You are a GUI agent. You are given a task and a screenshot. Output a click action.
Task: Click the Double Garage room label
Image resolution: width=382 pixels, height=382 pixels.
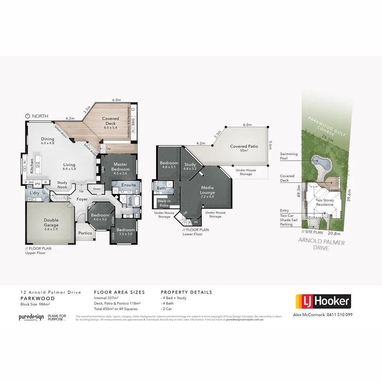tap(51, 223)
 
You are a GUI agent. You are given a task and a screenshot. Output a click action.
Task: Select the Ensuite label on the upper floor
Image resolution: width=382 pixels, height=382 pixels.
tap(129, 185)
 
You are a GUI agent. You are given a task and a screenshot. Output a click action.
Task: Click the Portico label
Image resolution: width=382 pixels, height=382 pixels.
tap(85, 233)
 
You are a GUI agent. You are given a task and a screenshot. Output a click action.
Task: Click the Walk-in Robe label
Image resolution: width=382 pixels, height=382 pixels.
tap(164, 203)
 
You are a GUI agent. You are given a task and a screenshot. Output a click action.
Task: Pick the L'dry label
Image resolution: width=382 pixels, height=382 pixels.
tap(34, 192)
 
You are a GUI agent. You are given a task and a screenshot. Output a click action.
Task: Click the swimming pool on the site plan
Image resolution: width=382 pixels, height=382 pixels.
tap(321, 164)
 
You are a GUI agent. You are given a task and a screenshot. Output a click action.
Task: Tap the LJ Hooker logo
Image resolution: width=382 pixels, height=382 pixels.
tap(323, 302)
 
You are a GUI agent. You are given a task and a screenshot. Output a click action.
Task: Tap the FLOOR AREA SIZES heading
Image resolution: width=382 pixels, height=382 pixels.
tap(119, 293)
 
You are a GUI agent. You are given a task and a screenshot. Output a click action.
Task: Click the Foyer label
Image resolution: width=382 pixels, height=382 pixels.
tap(82, 199)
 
